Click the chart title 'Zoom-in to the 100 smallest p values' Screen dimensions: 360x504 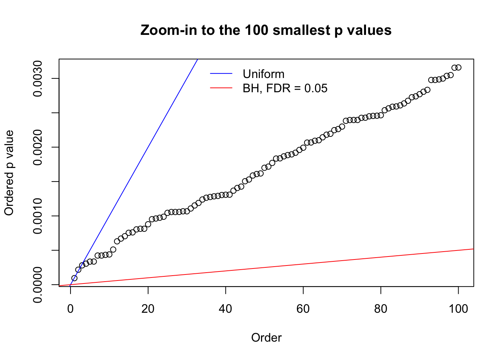click(x=266, y=30)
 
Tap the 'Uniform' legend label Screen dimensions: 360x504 click(x=263, y=74)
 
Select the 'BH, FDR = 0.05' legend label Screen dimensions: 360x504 click(x=285, y=88)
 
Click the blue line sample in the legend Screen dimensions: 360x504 click(x=221, y=74)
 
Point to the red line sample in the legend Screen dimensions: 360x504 click(x=221, y=88)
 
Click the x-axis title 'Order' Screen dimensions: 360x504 click(x=266, y=337)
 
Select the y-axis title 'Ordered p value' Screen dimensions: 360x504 click(x=9, y=173)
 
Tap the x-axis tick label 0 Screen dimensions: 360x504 click(x=70, y=309)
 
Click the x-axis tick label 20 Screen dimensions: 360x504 click(x=148, y=309)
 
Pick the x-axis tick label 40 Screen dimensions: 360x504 click(x=225, y=309)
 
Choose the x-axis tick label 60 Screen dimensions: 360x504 click(x=303, y=309)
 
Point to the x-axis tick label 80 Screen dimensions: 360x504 click(x=381, y=309)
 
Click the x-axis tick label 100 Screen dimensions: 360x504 click(x=458, y=309)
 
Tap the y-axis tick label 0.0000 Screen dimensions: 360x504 click(x=38, y=285)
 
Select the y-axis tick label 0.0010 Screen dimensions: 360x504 click(x=38, y=216)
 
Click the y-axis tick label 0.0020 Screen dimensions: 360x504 click(x=38, y=147)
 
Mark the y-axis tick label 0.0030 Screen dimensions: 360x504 click(x=38, y=79)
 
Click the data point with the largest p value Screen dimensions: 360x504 click(x=458, y=67)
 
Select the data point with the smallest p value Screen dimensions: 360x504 click(x=74, y=278)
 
